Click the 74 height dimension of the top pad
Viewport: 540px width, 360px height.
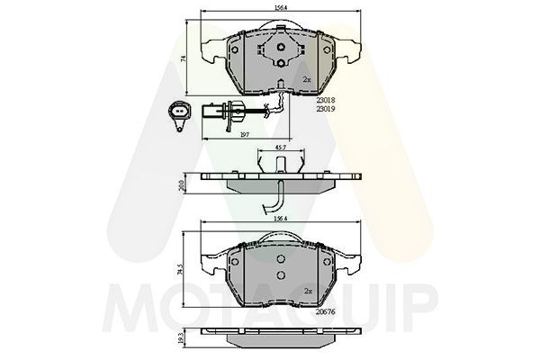pos(184,58)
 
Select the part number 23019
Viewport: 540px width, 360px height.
pos(327,109)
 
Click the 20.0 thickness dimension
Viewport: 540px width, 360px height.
pos(184,184)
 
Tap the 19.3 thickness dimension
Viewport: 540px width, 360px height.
pos(184,342)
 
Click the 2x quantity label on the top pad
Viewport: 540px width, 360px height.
pos(307,79)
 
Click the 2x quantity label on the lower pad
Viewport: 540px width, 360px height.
pos(307,292)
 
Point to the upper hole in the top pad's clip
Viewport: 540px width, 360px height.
pos(283,49)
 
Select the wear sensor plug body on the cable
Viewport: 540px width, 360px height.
pos(221,112)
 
